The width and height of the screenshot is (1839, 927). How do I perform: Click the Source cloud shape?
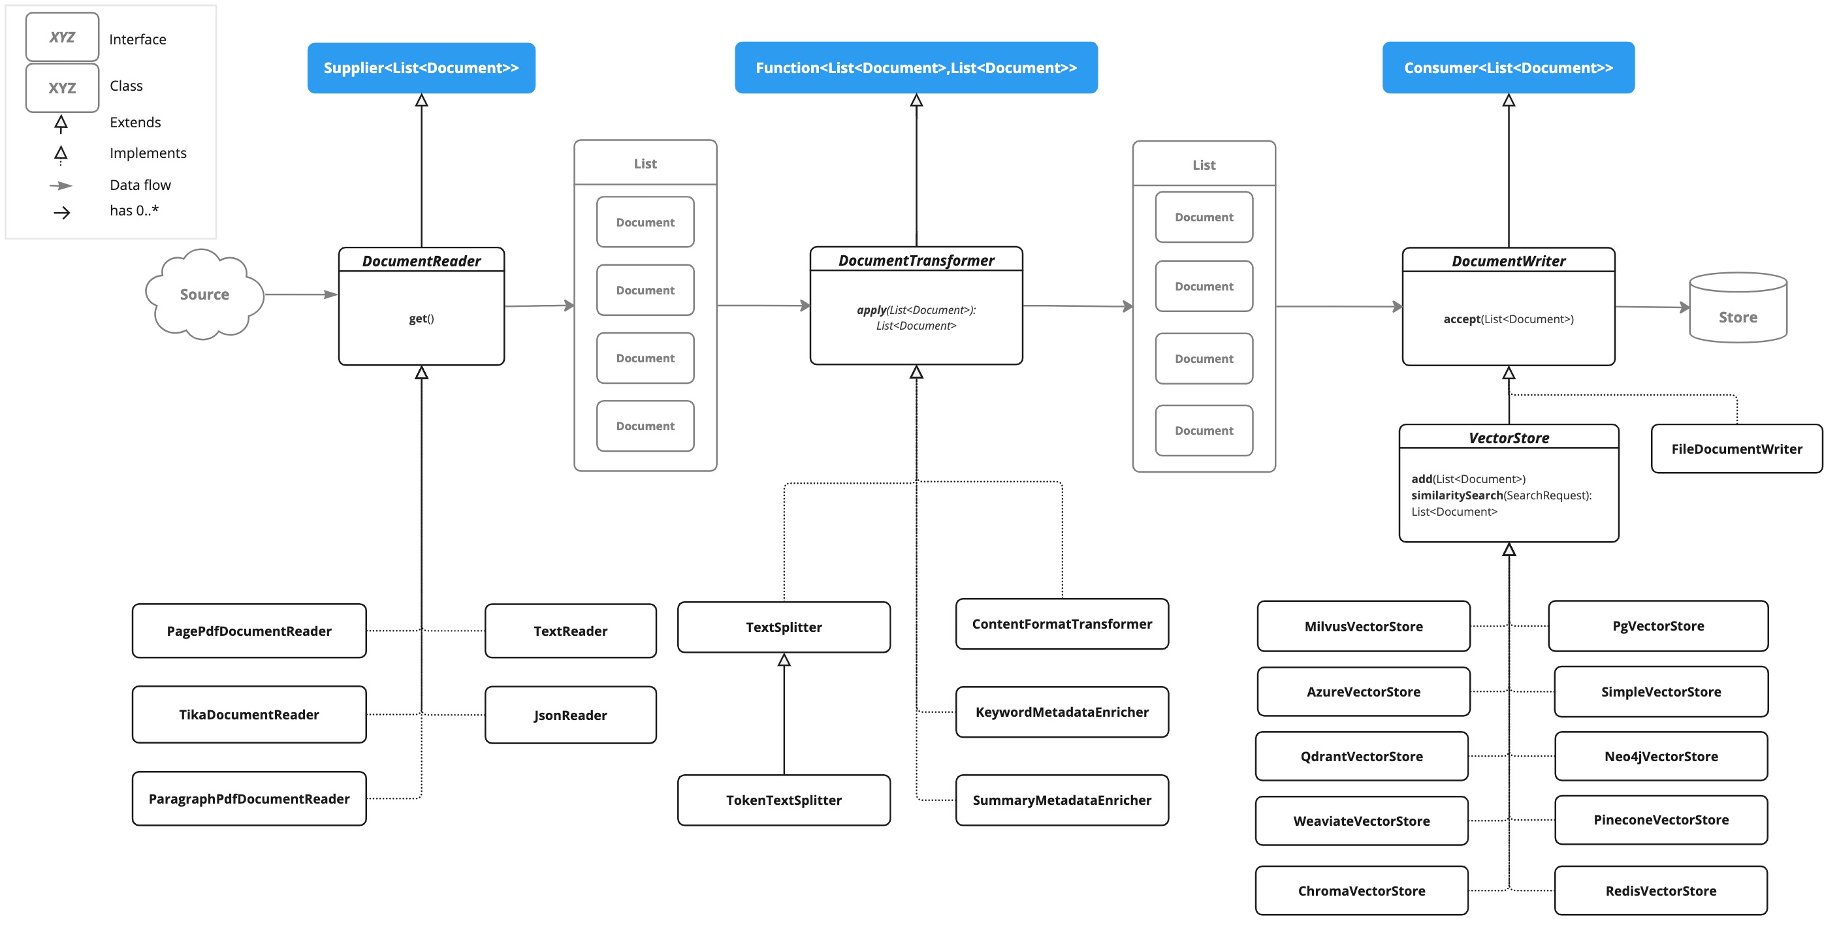point(204,294)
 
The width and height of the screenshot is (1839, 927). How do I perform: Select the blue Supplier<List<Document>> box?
point(421,68)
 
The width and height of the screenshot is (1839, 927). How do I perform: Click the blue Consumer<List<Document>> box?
point(1508,68)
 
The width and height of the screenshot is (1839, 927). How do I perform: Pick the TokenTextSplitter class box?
point(783,800)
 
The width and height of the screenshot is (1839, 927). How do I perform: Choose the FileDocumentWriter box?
point(1736,449)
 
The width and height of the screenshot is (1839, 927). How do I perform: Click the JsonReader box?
point(569,715)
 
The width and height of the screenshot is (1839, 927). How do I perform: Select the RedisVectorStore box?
point(1660,890)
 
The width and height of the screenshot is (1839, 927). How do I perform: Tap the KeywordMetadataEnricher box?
point(1062,712)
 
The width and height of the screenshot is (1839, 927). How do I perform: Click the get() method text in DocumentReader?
point(421,319)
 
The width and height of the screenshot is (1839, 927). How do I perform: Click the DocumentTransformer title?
point(916,260)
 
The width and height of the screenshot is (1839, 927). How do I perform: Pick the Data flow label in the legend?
point(140,185)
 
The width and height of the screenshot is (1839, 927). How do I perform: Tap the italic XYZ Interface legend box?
point(62,37)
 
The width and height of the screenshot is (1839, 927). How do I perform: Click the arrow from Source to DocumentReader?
point(300,294)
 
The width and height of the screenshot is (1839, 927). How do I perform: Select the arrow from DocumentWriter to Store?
point(1651,307)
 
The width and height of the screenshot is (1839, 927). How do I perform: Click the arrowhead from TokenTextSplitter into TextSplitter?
point(784,660)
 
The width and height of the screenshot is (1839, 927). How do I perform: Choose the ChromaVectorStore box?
point(1361,890)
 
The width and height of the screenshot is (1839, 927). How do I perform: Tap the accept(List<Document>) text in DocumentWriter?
point(1508,319)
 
